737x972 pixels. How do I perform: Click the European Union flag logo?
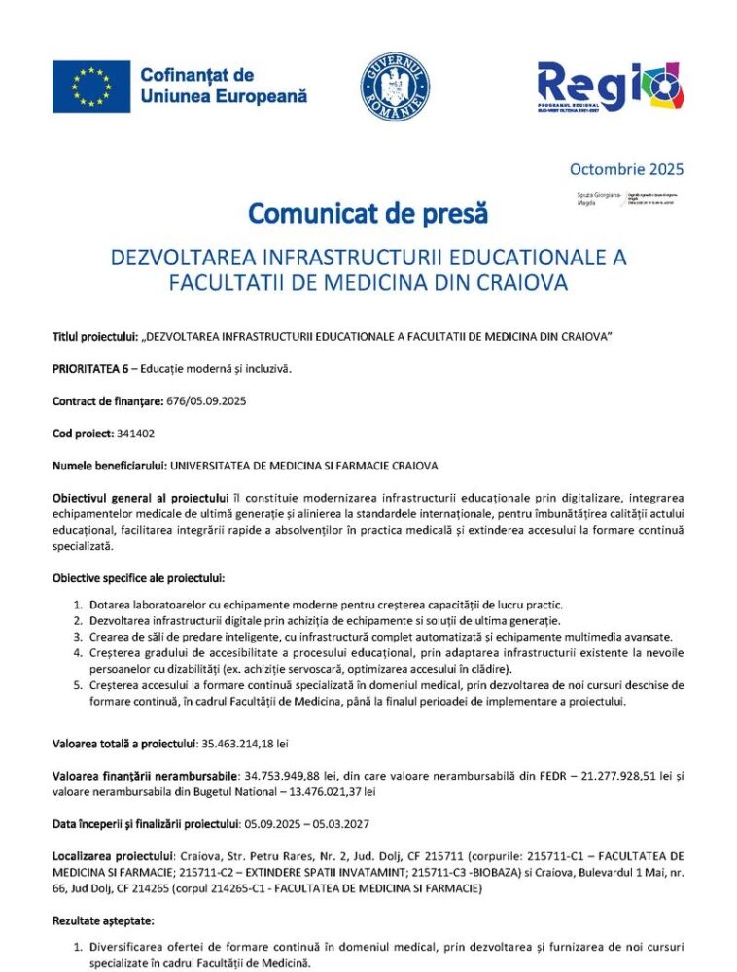click(x=90, y=86)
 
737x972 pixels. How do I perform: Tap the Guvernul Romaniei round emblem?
click(x=395, y=87)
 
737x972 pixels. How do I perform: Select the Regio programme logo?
click(x=610, y=87)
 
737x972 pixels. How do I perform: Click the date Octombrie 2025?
click(x=626, y=168)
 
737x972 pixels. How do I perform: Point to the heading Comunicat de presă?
click(x=368, y=212)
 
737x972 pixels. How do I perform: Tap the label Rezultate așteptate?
click(x=101, y=918)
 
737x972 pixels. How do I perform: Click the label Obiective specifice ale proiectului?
click(x=138, y=577)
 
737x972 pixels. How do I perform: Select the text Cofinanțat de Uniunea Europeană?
click(x=224, y=86)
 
